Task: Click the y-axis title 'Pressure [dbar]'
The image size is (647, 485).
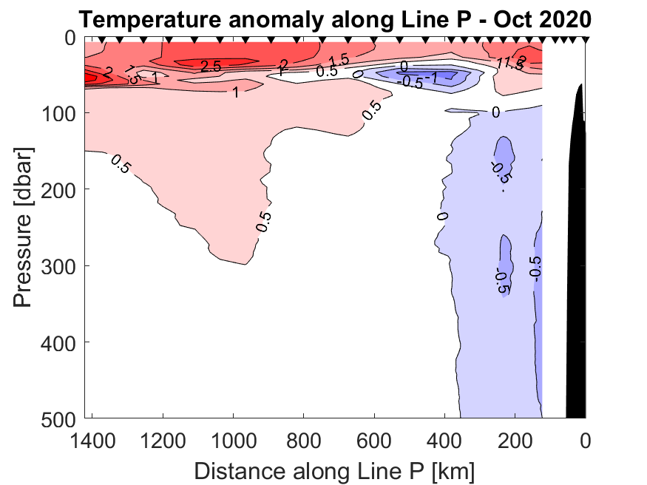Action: (24, 227)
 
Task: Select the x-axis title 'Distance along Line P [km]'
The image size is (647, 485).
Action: (335, 470)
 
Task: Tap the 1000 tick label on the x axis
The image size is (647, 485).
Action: (234, 442)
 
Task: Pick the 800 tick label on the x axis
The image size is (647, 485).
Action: (305, 442)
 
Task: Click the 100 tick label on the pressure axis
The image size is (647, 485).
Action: (58, 113)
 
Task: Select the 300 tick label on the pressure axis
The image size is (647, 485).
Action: (58, 265)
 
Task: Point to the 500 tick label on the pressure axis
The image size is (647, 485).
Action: (58, 418)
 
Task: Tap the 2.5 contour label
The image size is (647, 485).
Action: (211, 67)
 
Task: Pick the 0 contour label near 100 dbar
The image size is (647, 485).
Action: (495, 112)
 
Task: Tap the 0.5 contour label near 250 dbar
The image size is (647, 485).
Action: (264, 221)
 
